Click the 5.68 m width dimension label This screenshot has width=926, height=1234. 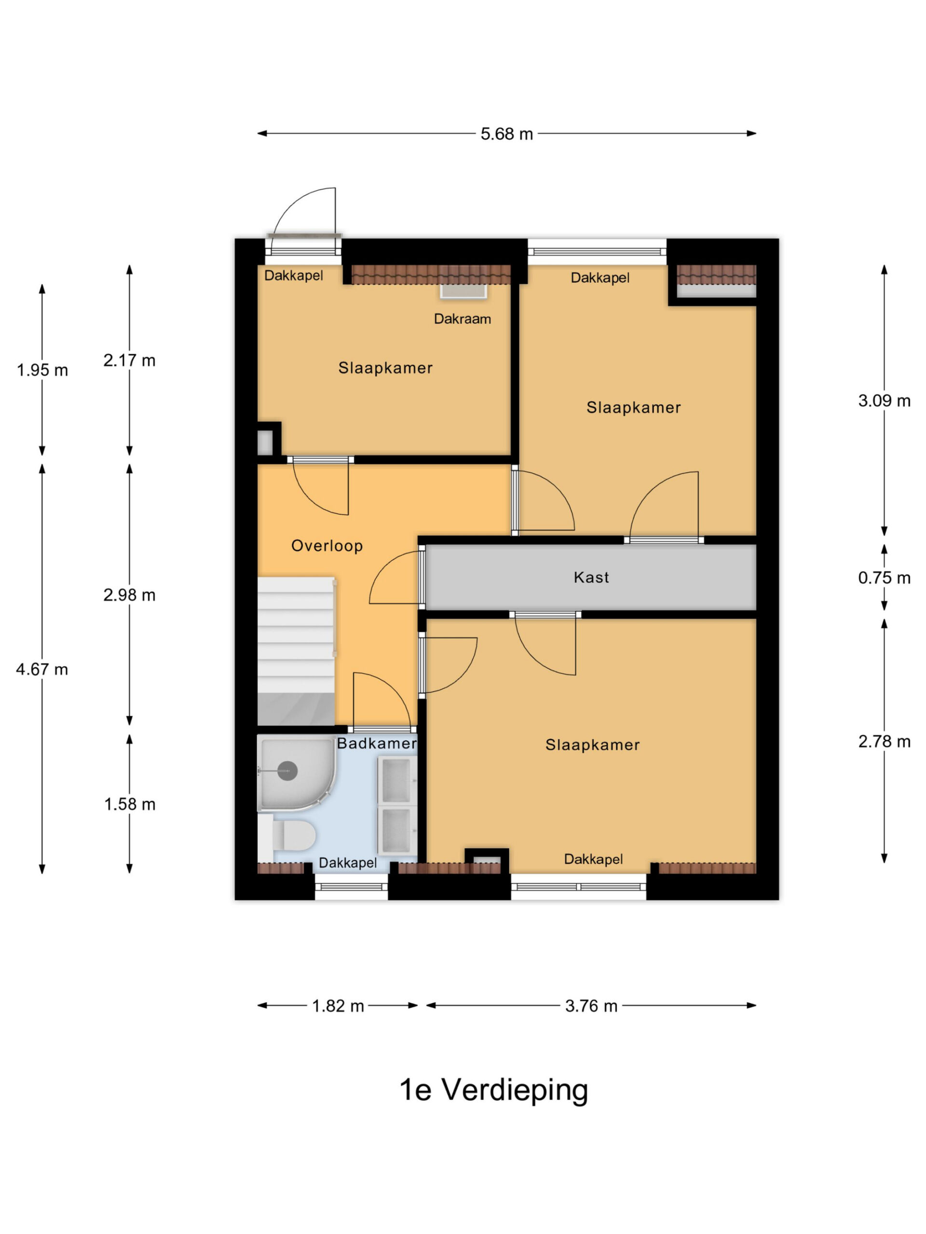coord(506,134)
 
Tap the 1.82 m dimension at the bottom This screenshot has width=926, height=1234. coord(338,1006)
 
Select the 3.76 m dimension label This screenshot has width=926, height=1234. coord(591,1006)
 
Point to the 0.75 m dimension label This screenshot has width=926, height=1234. coord(884,577)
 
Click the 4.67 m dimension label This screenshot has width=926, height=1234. coord(42,669)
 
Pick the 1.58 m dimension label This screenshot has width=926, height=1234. coord(129,804)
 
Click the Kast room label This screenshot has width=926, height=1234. coord(591,577)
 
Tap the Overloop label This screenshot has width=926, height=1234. coord(327,546)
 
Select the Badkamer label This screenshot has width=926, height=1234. coord(377,743)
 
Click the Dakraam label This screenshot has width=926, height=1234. coord(462,319)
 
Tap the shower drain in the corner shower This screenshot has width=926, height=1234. coord(287,771)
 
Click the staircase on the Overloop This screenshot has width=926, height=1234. coord(296,651)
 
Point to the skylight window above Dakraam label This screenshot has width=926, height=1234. coord(463,291)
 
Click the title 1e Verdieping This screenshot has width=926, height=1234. coord(493,1089)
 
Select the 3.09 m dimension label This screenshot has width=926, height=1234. coord(884,401)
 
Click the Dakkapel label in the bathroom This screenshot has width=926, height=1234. coord(348,863)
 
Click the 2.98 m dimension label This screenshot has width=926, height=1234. coord(129,595)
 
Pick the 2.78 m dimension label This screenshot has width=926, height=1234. coord(884,741)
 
